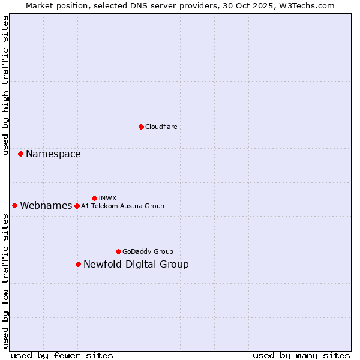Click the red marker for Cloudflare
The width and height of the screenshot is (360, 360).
(141, 127)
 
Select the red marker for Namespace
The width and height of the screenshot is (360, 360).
(20, 154)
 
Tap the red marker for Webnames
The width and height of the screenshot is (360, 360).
(14, 205)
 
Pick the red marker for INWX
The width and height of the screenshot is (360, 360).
(94, 198)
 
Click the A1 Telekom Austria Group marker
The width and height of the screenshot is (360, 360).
(77, 206)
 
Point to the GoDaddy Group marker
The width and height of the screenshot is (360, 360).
(118, 251)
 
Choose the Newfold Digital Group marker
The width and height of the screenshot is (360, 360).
(78, 264)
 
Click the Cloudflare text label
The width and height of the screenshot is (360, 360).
(161, 127)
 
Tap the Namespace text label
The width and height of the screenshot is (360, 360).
(53, 154)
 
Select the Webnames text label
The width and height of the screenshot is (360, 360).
(46, 205)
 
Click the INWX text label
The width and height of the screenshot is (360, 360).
(107, 198)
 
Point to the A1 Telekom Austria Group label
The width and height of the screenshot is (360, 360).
(122, 206)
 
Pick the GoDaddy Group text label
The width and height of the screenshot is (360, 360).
(148, 251)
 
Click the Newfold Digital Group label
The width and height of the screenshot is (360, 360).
(136, 264)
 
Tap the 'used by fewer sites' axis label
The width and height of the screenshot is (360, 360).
(62, 355)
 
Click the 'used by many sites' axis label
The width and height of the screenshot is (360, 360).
(301, 355)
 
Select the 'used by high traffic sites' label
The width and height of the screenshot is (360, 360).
(5, 85)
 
